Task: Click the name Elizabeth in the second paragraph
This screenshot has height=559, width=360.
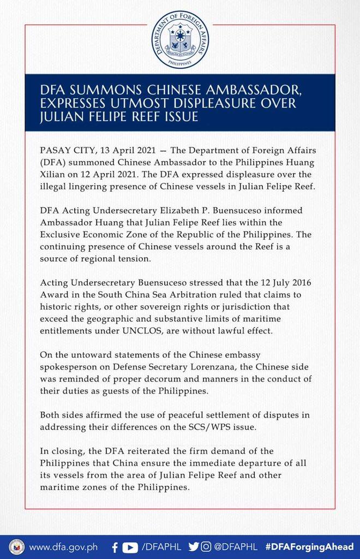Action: (x=179, y=210)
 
